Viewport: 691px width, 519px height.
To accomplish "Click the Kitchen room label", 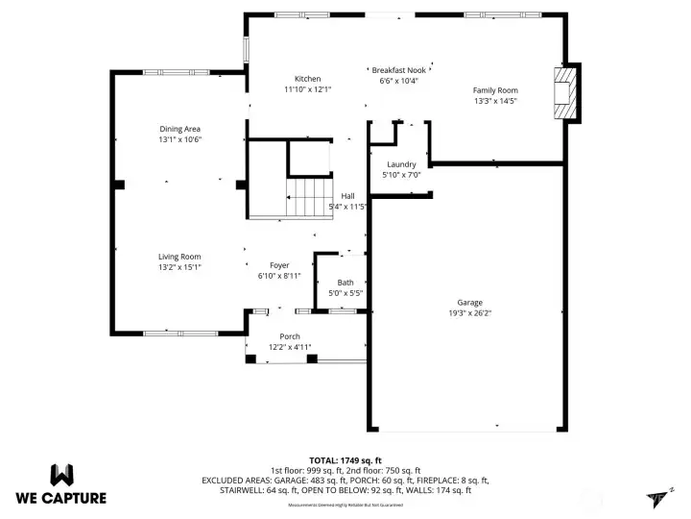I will click(307, 79).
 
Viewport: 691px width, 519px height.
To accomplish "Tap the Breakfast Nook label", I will click(398, 70).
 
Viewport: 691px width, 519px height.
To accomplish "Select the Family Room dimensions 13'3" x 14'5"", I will click(495, 101).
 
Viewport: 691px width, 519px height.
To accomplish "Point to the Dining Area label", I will click(179, 129).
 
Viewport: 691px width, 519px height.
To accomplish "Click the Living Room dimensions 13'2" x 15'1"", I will click(179, 267).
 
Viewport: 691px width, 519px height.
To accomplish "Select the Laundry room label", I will click(400, 164).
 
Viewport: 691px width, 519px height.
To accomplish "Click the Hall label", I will click(347, 196).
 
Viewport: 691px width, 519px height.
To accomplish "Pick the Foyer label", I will click(279, 265).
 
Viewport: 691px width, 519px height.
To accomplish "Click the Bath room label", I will click(345, 283).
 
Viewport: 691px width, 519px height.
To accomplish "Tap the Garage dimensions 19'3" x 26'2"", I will click(469, 312).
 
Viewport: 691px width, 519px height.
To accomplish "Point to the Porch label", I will click(290, 336).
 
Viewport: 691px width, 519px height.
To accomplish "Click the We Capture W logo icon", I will click(61, 474).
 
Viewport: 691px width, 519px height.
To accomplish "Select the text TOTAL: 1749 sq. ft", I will click(345, 460).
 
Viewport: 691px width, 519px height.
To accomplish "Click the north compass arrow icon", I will click(658, 495).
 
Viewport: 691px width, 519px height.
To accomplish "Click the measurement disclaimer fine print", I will click(345, 504).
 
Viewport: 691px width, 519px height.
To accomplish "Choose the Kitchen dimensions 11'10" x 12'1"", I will click(307, 89).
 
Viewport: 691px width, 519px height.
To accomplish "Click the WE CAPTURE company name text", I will click(61, 498).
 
